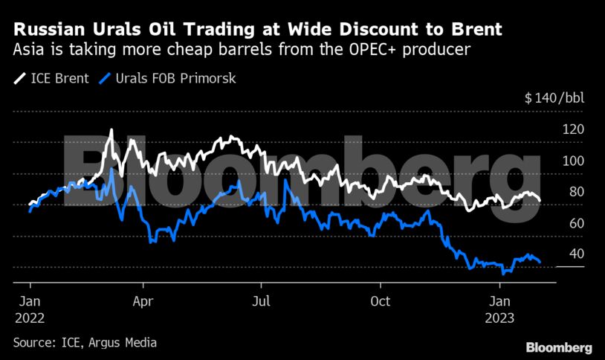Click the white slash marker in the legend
point(18,77)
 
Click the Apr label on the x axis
point(143,301)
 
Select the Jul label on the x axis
point(261,301)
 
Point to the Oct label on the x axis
point(380,301)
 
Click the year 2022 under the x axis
point(29,317)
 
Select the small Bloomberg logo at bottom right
point(559,347)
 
